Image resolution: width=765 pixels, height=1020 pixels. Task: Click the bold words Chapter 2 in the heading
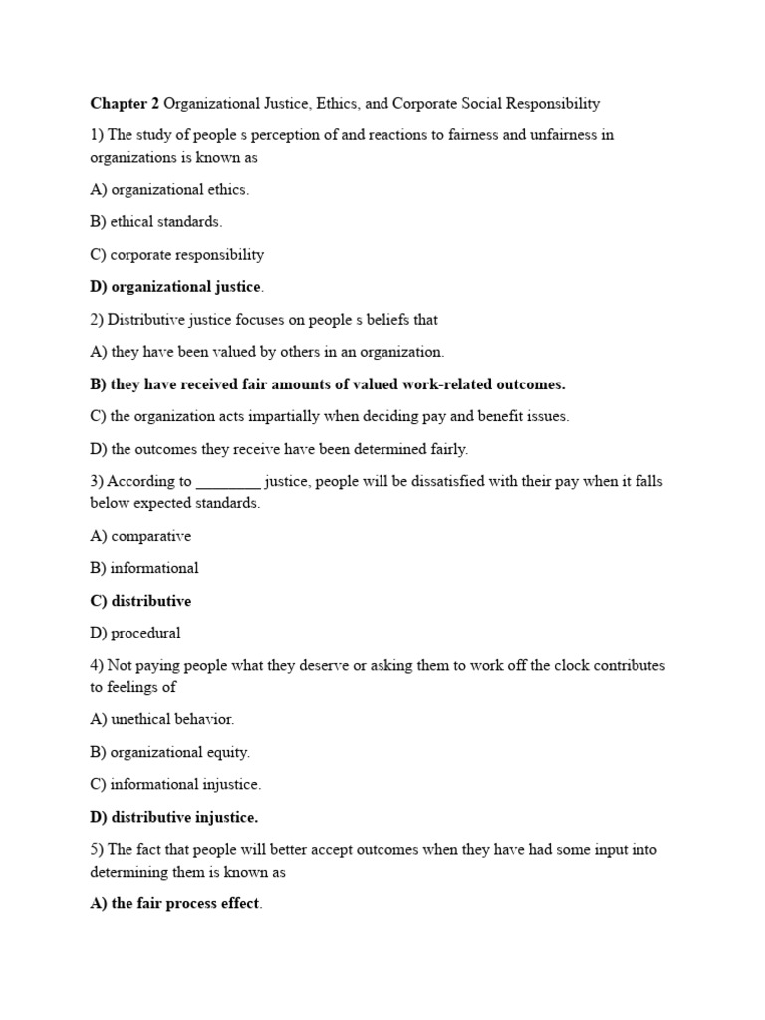(x=125, y=103)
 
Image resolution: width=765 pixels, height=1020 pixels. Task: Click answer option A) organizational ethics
(x=169, y=189)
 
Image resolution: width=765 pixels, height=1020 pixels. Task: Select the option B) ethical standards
(x=155, y=222)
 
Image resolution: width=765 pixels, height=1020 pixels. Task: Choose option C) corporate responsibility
(x=176, y=254)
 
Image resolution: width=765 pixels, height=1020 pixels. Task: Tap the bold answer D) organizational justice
(x=176, y=287)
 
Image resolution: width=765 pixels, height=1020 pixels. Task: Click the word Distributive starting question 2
(x=146, y=320)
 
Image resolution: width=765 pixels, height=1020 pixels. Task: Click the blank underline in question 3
(x=228, y=482)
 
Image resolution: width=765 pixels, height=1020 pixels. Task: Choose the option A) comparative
(x=140, y=536)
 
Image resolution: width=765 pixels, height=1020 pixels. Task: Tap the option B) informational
(x=144, y=568)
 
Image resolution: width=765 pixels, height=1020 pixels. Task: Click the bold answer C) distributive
(x=140, y=601)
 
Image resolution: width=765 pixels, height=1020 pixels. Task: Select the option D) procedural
(x=135, y=633)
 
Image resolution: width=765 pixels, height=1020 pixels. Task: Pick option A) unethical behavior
(x=161, y=718)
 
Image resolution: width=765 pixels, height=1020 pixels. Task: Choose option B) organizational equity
(x=169, y=752)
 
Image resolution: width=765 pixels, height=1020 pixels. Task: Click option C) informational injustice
(x=175, y=784)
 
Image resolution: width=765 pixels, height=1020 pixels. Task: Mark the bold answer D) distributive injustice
(x=173, y=817)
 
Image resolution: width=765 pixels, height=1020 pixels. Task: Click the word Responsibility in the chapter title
(x=551, y=103)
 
